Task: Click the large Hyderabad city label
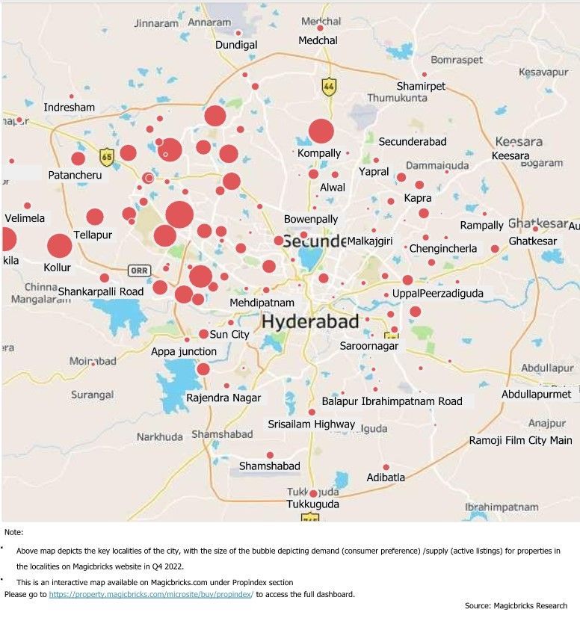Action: (x=310, y=321)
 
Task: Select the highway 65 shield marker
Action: (x=107, y=157)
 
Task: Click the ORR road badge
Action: (x=138, y=271)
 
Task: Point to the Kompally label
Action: (x=319, y=153)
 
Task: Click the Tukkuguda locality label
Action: (x=313, y=504)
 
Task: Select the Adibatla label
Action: (x=386, y=478)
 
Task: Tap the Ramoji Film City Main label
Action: (x=520, y=440)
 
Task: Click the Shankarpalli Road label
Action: (x=101, y=291)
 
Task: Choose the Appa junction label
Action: (x=184, y=351)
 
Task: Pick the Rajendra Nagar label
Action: (x=223, y=398)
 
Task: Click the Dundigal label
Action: (x=236, y=45)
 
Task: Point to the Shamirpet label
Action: (x=421, y=86)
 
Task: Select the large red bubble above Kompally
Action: (x=321, y=131)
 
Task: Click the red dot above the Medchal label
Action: (x=320, y=28)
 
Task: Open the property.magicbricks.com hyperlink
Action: (x=151, y=594)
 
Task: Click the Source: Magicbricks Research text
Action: (x=516, y=605)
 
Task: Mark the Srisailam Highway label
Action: (x=312, y=424)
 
